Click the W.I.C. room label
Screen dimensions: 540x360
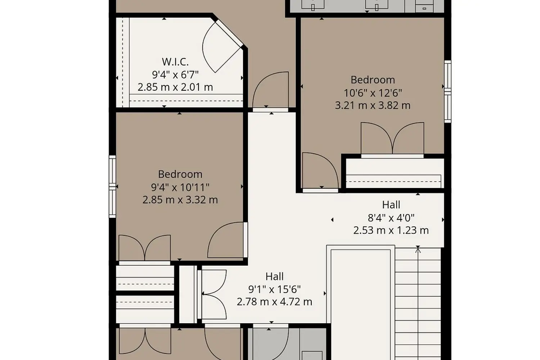pos(175,62)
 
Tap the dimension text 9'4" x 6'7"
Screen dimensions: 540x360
pos(175,75)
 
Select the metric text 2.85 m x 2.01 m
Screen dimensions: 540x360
pos(175,87)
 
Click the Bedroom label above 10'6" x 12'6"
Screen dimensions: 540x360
pos(373,80)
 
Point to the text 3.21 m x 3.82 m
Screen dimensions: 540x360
pos(373,105)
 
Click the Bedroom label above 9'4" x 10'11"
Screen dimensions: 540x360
pos(180,174)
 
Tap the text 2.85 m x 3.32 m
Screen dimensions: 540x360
pos(180,200)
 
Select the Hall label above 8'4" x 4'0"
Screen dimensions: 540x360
pos(391,205)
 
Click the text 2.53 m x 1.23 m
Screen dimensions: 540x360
pos(391,230)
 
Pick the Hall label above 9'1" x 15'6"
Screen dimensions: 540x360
pos(275,276)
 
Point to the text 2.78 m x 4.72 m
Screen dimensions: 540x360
pos(275,302)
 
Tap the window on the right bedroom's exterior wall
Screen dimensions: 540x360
pos(448,92)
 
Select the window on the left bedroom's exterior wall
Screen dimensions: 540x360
pos(112,186)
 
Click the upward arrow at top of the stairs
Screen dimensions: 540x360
pos(418,250)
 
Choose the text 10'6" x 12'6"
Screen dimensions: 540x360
pos(373,93)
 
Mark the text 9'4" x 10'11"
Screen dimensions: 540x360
pos(180,187)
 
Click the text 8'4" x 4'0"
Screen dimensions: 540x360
pos(391,218)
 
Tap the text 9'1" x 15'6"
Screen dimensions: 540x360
pos(275,289)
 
